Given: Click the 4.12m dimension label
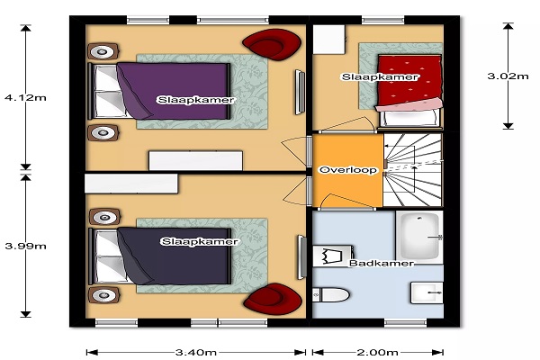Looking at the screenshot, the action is (x=25, y=97).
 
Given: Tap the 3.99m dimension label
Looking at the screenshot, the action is (x=25, y=246).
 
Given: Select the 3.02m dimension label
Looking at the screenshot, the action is (x=508, y=76).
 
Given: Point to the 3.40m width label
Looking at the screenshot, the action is (x=196, y=352).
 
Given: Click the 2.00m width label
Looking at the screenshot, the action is (x=377, y=352).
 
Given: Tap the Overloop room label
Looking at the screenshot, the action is (x=347, y=170).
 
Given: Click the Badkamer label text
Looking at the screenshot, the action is (x=382, y=263).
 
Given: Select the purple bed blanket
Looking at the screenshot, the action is (x=173, y=91).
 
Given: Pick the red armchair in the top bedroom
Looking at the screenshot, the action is (x=272, y=44).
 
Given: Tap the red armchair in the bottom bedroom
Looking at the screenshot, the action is (x=273, y=297).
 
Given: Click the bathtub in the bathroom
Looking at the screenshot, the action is (x=419, y=238).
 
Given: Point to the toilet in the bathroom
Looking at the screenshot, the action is (x=331, y=295).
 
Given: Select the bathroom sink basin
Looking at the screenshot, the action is (x=427, y=293).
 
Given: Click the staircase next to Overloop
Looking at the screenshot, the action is (x=412, y=170).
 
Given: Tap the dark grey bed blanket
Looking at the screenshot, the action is (x=174, y=256).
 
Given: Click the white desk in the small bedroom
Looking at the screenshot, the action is (x=328, y=40).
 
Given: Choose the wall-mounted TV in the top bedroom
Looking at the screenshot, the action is (x=300, y=93).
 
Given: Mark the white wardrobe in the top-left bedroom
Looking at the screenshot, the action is (x=195, y=160).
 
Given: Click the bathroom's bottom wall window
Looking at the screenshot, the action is (x=405, y=323).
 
